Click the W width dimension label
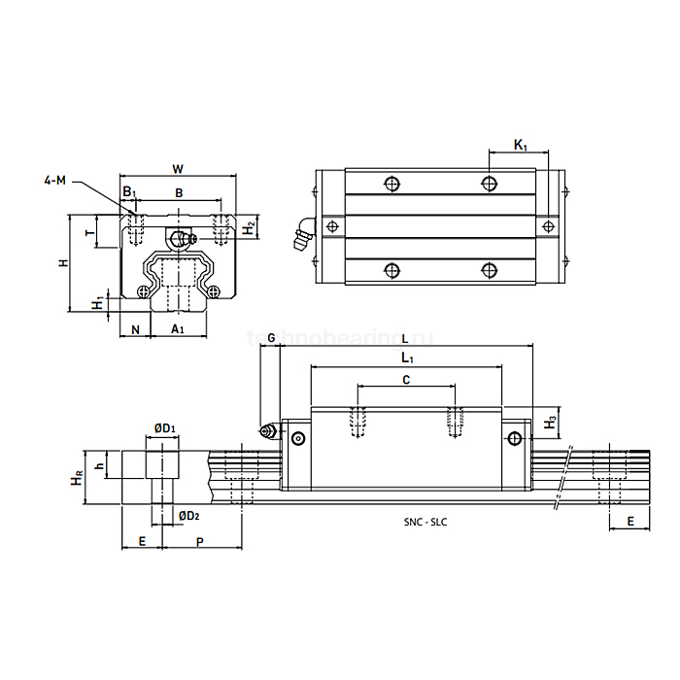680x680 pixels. coord(178,168)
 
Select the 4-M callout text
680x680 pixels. coord(55,181)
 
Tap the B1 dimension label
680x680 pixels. coord(129,192)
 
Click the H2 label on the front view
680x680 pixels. coord(250,228)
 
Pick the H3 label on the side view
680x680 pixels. coord(551,423)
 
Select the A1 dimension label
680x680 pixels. coord(178,330)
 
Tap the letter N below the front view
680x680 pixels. coord(135,330)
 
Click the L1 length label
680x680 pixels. coord(406,358)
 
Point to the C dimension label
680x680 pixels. coord(405,380)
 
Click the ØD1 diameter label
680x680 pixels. coord(165,427)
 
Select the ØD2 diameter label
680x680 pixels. coord(188,515)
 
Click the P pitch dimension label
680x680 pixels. coord(200,541)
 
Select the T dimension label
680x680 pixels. coord(90,233)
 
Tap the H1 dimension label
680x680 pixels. coord(97,305)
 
